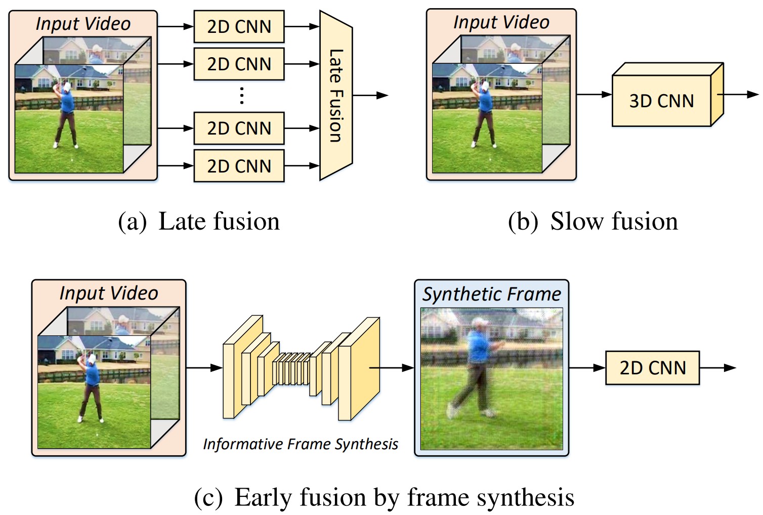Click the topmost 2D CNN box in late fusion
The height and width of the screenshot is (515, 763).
pyautogui.click(x=239, y=27)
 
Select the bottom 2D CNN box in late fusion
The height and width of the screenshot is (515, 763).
pyautogui.click(x=239, y=166)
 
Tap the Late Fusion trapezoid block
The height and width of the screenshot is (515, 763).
pyautogui.click(x=336, y=95)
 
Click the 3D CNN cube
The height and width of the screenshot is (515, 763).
pyautogui.click(x=661, y=101)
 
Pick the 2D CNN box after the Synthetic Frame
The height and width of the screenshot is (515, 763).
pyautogui.click(x=652, y=368)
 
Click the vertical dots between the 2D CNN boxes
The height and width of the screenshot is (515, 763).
pyautogui.click(x=242, y=96)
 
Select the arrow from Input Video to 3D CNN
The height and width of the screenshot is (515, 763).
pyautogui.click(x=594, y=95)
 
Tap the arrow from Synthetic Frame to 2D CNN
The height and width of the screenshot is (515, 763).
pyautogui.click(x=587, y=368)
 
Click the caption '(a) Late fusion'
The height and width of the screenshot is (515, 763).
pyautogui.click(x=199, y=222)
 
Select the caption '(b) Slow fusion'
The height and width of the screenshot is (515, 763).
pyautogui.click(x=592, y=222)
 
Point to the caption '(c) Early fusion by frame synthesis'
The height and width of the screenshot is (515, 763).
pyautogui.click(x=384, y=497)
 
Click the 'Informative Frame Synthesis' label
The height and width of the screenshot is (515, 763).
pyautogui.click(x=300, y=444)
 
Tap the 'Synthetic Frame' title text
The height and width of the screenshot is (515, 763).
pyautogui.click(x=492, y=294)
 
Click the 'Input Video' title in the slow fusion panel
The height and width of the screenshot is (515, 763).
pyautogui.click(x=501, y=22)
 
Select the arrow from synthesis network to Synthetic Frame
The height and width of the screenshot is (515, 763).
pyautogui.click(x=392, y=368)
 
